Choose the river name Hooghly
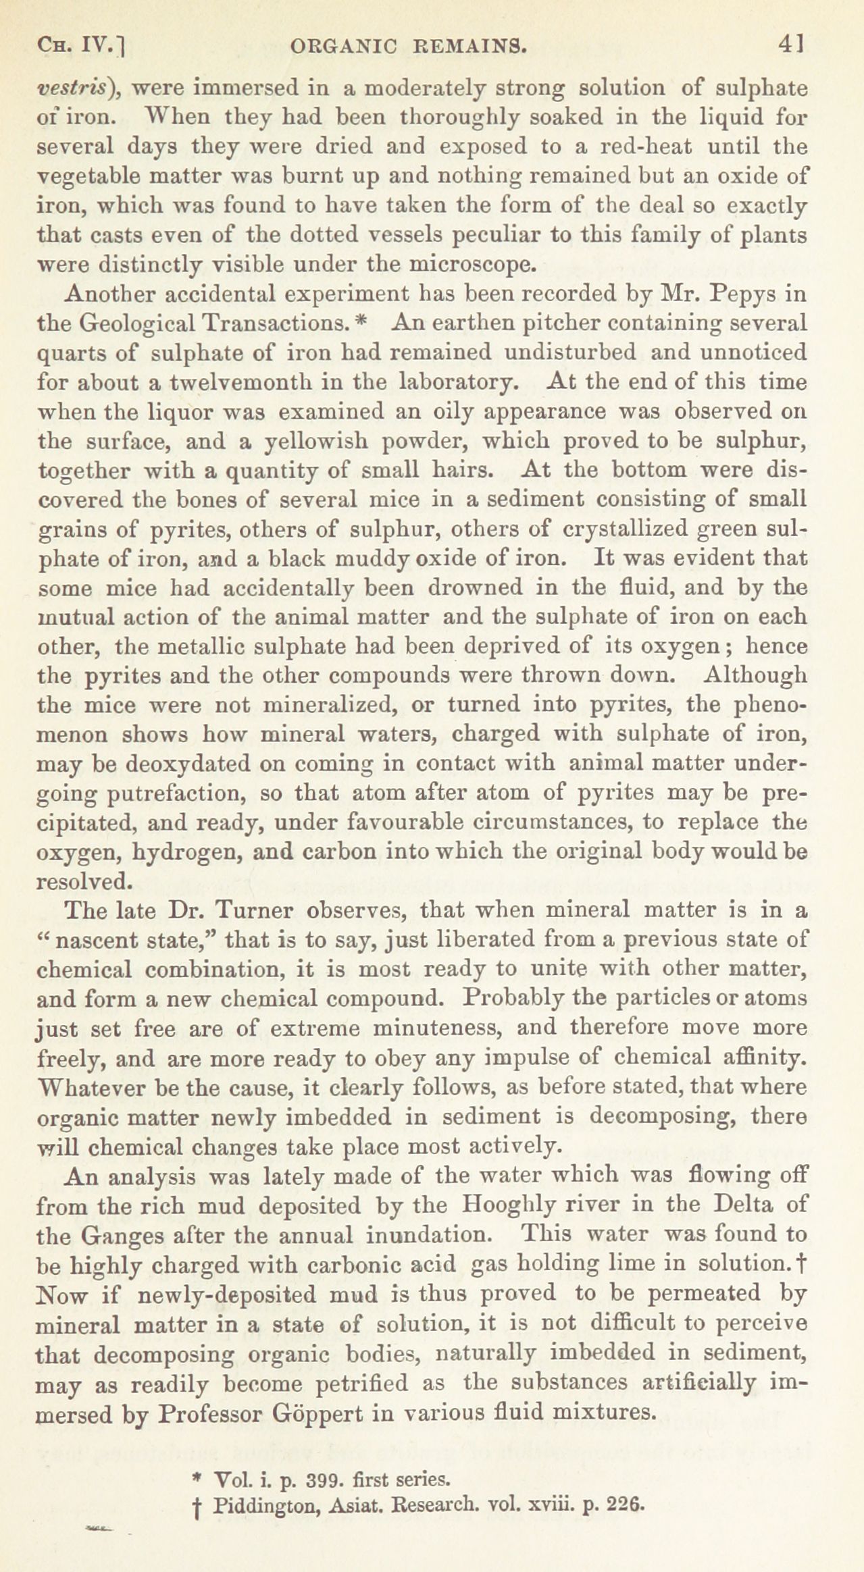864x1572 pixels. point(530,1204)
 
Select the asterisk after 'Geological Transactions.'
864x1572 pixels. point(360,322)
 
